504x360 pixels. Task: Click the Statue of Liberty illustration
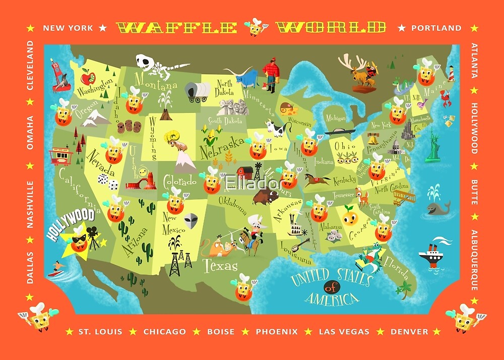coord(432,146)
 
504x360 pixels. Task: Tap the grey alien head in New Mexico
coord(191,221)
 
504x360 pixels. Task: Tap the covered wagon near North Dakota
coord(197,92)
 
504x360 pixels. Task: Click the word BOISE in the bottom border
coord(221,332)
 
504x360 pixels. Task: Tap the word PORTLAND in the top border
coord(436,28)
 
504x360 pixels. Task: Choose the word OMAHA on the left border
coord(30,133)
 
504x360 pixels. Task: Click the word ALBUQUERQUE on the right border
coord(474,261)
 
